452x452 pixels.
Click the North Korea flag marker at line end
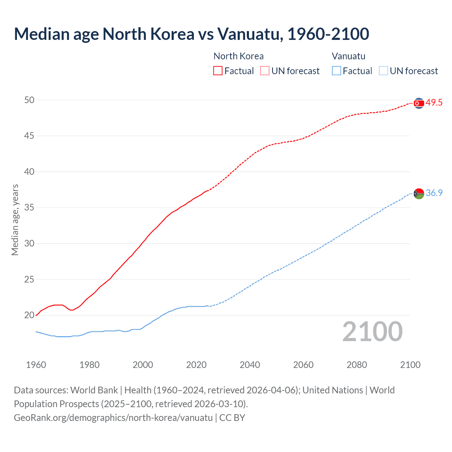pos(419,103)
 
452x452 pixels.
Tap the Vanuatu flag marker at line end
pos(419,194)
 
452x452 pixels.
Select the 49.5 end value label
pos(434,103)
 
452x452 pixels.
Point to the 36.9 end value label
pos(434,193)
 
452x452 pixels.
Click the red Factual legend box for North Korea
pos(218,71)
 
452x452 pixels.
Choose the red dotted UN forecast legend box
pos(265,71)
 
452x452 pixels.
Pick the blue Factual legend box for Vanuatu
pos(336,71)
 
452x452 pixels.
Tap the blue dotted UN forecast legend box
pos(383,71)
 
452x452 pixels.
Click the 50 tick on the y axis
pos(29,100)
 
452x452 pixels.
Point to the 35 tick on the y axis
pos(29,208)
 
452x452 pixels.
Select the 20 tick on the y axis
pos(29,315)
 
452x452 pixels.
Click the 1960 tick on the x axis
pos(36,365)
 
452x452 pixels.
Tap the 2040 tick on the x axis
pos(250,365)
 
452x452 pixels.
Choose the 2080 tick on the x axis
pos(357,365)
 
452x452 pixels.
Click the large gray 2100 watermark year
pos(372,332)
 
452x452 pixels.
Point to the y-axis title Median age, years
pos(15,220)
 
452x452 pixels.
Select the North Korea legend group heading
pos(238,56)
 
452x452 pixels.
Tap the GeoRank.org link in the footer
pos(113,417)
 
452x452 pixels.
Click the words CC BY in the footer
pos(232,417)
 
